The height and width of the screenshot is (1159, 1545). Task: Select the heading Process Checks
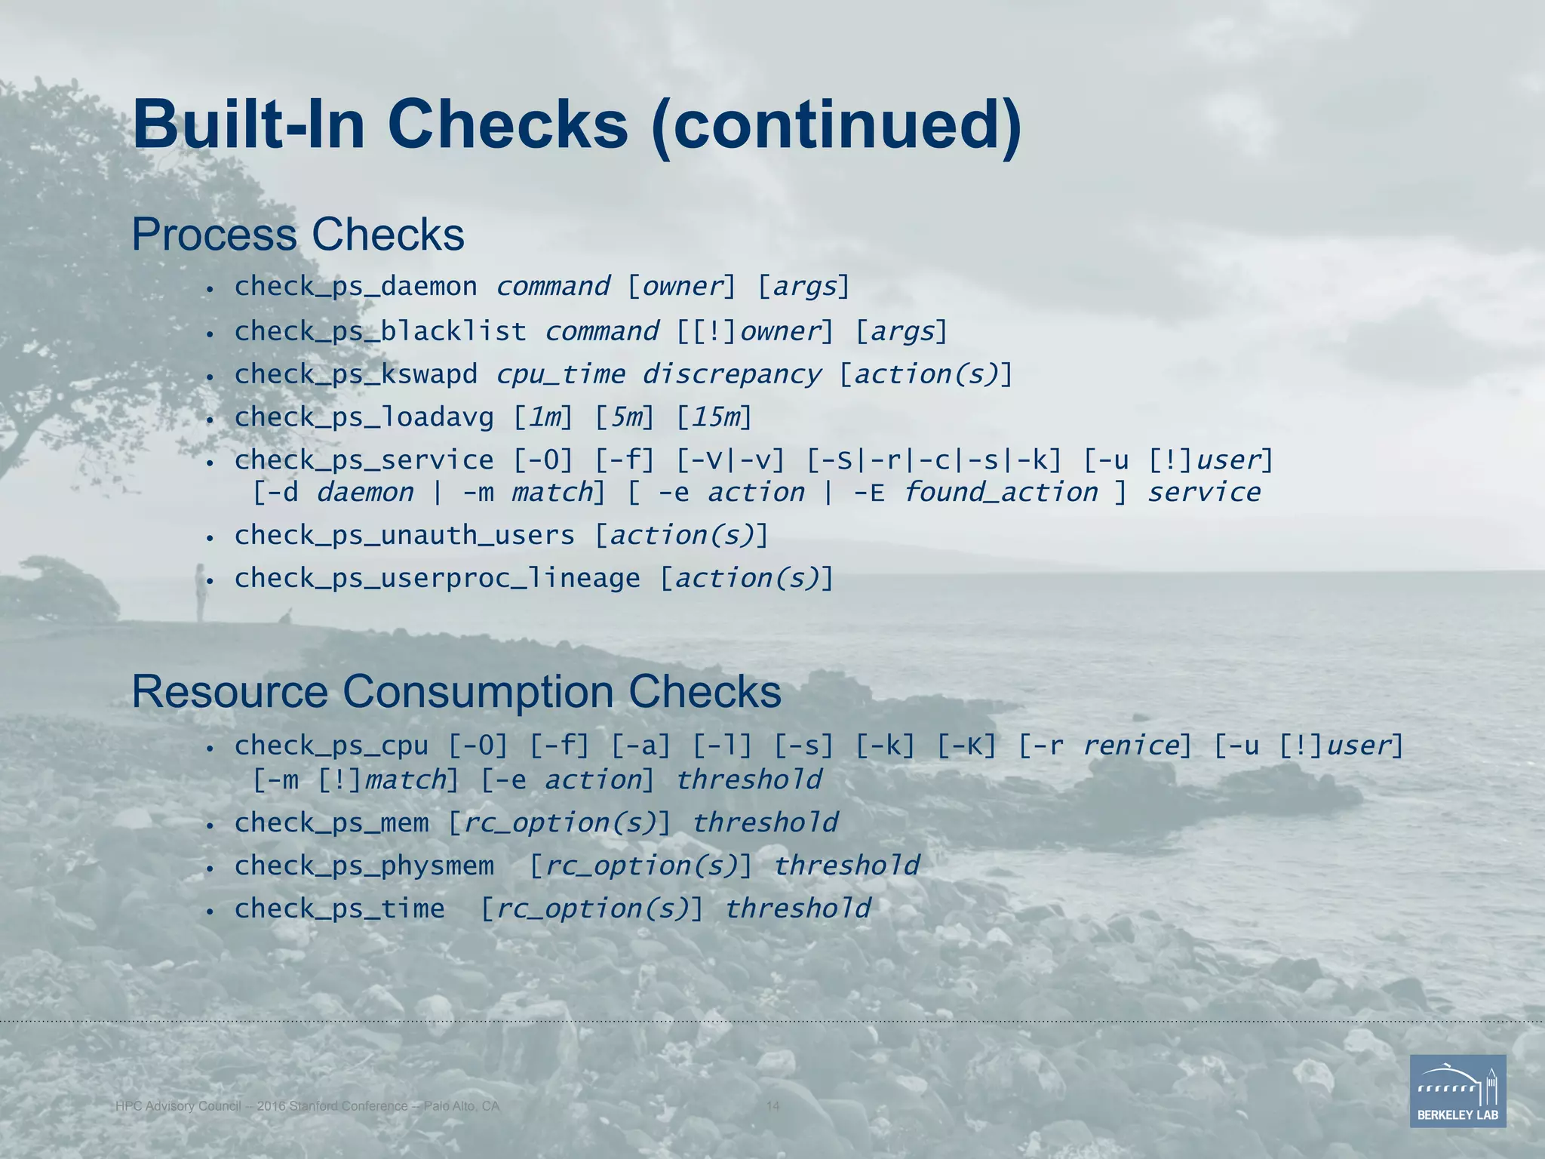tap(298, 235)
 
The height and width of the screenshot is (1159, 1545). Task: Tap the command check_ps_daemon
tap(355, 287)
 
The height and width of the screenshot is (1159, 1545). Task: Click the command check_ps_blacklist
tap(380, 331)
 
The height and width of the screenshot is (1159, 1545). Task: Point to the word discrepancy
tap(731, 374)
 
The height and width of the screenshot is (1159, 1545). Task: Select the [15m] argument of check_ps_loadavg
tap(714, 417)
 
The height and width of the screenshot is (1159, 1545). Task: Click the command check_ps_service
tap(364, 460)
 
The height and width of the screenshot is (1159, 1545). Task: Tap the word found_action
tap(1000, 493)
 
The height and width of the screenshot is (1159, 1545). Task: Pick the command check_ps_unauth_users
tap(404, 536)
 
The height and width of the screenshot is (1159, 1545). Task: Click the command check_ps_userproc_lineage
tap(437, 579)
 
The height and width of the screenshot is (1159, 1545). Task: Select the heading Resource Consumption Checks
tap(456, 692)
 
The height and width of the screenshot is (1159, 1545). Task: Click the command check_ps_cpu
tap(331, 746)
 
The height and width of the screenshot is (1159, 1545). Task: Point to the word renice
tap(1129, 746)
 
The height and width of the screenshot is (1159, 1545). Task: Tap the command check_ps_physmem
tap(364, 866)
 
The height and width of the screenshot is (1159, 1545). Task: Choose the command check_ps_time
tap(339, 909)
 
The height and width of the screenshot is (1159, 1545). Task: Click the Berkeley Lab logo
tap(1457, 1090)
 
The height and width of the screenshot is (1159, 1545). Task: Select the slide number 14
tap(772, 1106)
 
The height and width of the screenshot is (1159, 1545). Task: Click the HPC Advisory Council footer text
tap(307, 1106)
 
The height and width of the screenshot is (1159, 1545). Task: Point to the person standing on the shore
tap(200, 592)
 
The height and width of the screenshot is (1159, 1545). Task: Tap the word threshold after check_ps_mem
tap(765, 823)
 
